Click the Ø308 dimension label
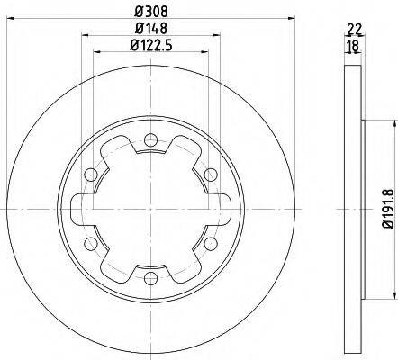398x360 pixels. (151, 12)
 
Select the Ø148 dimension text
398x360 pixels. (151, 29)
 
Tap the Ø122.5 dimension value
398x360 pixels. (151, 46)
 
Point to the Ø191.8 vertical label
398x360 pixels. (389, 209)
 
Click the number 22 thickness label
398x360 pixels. (354, 29)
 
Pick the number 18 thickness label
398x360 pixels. (353, 46)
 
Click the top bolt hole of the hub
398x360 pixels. (150, 139)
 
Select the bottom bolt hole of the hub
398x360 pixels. (150, 278)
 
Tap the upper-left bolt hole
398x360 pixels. (91, 175)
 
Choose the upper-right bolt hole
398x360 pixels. (211, 175)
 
